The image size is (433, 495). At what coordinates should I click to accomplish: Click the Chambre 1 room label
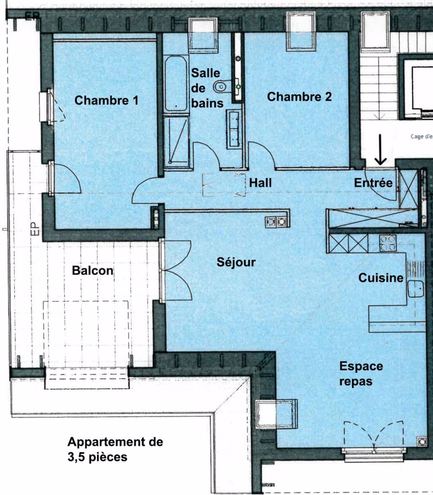(107, 100)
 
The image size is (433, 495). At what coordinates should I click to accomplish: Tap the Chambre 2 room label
(299, 97)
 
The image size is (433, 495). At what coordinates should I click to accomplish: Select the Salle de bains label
(207, 88)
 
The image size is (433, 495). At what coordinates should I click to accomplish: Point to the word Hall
(260, 183)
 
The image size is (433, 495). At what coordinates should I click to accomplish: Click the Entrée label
(373, 183)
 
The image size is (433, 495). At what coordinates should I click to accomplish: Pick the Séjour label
(236, 262)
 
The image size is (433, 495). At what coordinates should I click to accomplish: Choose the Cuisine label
(381, 278)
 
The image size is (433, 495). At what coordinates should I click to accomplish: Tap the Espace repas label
(361, 374)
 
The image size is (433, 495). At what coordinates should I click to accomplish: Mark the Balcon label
(93, 271)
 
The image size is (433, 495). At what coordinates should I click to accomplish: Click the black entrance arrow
(381, 150)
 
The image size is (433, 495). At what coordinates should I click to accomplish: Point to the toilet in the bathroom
(221, 87)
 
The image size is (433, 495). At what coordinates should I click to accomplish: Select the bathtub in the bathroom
(176, 84)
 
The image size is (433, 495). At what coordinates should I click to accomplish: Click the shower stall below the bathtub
(177, 141)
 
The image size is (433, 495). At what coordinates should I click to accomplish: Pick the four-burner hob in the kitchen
(388, 243)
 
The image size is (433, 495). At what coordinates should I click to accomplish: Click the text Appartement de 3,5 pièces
(115, 450)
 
